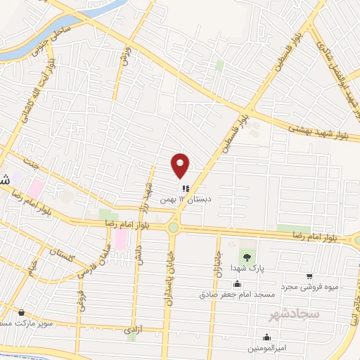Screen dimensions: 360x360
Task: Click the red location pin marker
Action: [181, 165]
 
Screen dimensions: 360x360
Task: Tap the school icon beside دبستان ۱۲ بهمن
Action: [185, 188]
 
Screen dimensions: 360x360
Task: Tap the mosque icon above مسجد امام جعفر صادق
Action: [237, 284]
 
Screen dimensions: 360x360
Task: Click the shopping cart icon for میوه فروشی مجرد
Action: [309, 276]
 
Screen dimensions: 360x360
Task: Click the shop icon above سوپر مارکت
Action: [21, 312]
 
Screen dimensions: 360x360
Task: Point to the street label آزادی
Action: [133, 328]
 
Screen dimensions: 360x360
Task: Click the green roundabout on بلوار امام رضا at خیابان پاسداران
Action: [173, 227]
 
